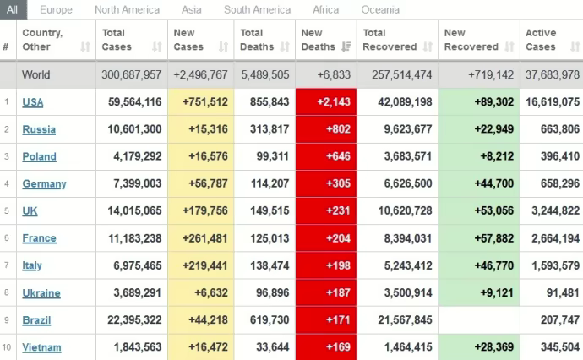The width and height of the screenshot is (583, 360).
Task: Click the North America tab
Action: [127, 10]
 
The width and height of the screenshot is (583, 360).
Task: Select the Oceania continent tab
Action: [380, 10]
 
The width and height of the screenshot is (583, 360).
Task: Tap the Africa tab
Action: [325, 10]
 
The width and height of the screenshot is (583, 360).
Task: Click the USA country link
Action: [33, 102]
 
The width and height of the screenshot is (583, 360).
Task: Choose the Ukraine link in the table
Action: [41, 293]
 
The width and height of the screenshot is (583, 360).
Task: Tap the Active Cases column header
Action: [541, 40]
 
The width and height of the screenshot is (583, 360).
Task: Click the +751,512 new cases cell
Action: [201, 102]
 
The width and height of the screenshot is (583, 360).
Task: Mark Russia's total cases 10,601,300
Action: [131, 129]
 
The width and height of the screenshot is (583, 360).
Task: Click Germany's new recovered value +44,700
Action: [491, 183]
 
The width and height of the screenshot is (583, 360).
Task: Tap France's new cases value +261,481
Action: [201, 238]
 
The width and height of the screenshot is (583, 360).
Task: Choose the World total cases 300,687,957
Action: [131, 74]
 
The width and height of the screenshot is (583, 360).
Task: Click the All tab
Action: [13, 10]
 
